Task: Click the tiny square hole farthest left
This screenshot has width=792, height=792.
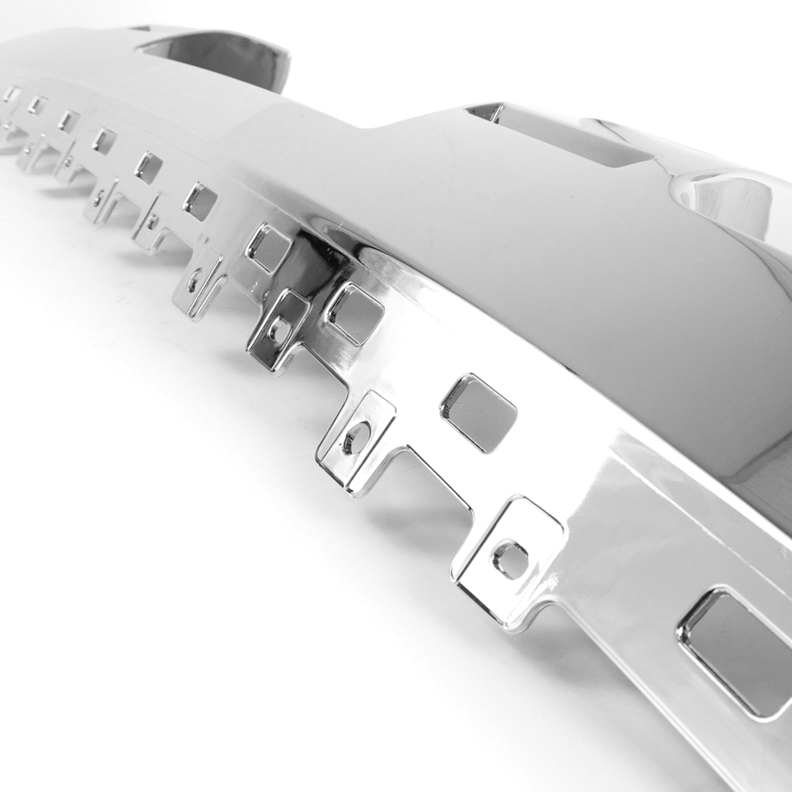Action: click(x=11, y=94)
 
